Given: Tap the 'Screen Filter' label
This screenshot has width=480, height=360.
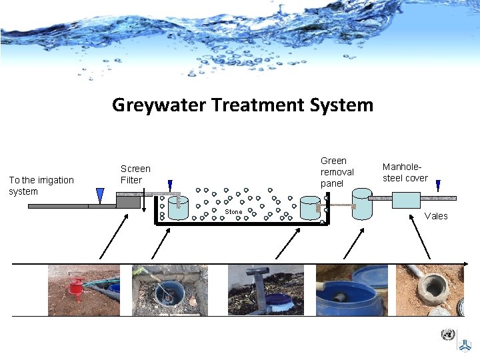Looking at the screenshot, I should tap(135, 175).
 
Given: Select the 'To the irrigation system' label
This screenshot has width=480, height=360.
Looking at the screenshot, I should tap(41, 186).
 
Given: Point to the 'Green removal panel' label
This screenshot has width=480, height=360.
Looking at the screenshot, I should tap(337, 172).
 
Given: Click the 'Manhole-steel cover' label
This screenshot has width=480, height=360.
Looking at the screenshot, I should tap(405, 173).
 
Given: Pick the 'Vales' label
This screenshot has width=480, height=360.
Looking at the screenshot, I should tap(436, 216).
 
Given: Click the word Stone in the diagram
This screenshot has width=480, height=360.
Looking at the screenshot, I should tap(233, 212).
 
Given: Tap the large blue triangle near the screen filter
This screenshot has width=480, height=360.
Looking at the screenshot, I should tap(100, 195).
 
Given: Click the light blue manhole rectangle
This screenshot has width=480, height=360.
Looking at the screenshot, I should tap(406, 200).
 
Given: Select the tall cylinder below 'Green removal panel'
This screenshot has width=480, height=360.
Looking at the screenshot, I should tap(361, 203).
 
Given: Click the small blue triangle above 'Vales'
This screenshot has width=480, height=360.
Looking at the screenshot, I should tap(438, 186).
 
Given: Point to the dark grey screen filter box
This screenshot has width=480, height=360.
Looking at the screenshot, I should tap(129, 201).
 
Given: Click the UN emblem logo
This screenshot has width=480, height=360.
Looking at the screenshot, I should tap(448, 335).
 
